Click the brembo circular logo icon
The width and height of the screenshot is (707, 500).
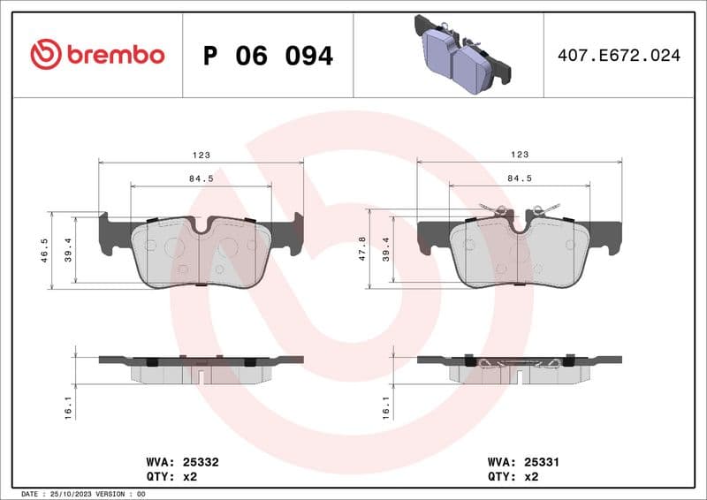click(46, 55)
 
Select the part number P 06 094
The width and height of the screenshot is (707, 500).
click(268, 56)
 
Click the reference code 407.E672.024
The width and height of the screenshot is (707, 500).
click(619, 56)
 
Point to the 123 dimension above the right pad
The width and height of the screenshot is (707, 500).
click(520, 155)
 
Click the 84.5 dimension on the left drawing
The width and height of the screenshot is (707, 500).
click(201, 178)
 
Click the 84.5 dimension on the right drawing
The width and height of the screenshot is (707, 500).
click(520, 178)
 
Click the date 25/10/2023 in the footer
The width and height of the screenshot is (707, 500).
click(70, 494)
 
